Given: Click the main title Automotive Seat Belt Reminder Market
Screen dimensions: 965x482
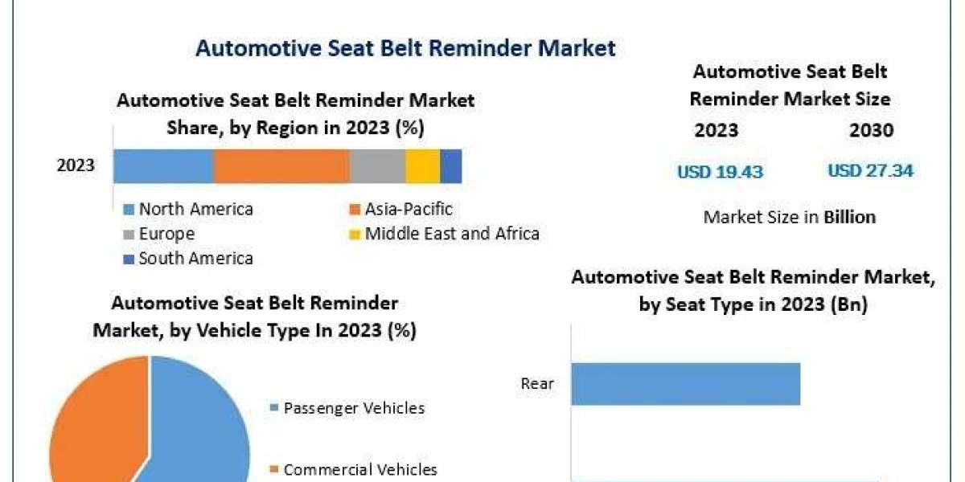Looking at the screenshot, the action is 405,47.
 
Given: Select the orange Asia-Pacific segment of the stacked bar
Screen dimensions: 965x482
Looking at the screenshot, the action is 281,166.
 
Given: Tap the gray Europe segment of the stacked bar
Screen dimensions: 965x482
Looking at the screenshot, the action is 377,166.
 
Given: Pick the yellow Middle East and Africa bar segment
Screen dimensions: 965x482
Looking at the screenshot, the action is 423,166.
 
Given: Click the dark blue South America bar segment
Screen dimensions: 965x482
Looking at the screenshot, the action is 451,166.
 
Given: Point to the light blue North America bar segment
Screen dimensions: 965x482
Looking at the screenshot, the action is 164,166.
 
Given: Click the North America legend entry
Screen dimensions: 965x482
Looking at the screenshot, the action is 188,209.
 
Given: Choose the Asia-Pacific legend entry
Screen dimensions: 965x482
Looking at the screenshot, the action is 400,209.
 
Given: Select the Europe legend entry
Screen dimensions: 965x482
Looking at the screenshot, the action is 159,234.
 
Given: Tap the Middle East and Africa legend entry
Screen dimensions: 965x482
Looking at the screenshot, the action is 444,234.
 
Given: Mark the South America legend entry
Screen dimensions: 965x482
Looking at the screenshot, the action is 188,259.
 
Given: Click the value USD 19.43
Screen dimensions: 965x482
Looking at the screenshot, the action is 720,172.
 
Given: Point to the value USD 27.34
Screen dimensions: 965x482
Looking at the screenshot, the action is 870,171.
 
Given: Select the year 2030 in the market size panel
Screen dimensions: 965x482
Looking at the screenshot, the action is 872,130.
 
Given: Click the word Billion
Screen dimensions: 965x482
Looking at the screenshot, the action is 849,218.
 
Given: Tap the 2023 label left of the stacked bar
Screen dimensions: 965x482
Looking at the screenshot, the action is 76,165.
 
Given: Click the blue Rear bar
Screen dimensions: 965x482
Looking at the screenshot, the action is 686,384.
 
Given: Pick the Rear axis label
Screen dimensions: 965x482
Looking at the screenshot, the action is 537,383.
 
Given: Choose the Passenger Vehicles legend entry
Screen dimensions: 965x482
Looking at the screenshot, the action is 347,408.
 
